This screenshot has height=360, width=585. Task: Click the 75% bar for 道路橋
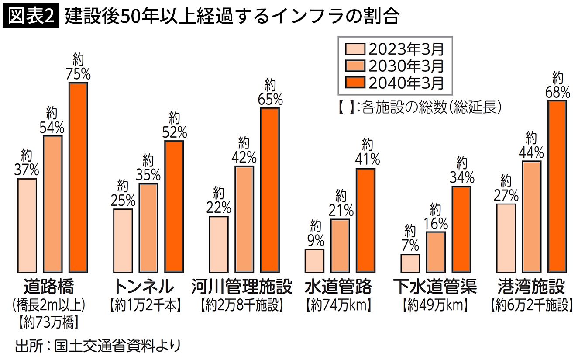78,178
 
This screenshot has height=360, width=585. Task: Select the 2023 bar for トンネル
123,241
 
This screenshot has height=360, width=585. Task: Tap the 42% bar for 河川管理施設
244,219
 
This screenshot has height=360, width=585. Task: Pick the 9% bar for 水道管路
314,261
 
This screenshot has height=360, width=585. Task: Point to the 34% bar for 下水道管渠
461,229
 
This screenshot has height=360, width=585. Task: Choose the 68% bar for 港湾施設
557,187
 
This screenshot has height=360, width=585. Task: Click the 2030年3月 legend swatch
355,66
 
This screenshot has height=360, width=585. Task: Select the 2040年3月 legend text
406,83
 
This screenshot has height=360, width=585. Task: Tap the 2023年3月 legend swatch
355,49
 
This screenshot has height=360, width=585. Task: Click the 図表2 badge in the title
31,15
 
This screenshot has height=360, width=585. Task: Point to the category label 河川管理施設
241,287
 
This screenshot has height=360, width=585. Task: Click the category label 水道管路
338,287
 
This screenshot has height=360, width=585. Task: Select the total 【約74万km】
338,305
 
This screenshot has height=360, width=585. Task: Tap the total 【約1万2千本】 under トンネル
145,305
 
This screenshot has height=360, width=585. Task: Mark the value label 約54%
52,121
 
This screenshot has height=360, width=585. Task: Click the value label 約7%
410,238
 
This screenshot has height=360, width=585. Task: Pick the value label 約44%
531,145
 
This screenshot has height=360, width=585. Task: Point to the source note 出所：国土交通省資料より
98,346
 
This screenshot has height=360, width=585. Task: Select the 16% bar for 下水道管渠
436,253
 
